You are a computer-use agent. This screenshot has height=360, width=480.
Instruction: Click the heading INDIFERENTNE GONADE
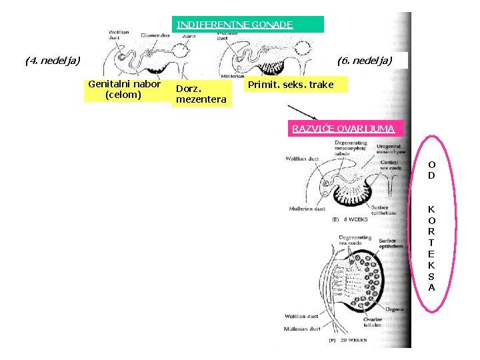click(x=235, y=25)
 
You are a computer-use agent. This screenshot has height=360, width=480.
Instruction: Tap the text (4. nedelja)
click(x=52, y=61)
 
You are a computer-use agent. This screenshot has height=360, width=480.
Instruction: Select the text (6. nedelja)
click(x=365, y=61)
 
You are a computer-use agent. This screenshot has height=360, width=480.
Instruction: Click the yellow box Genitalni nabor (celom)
click(x=124, y=89)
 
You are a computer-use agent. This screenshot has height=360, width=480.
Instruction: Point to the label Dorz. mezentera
click(x=201, y=95)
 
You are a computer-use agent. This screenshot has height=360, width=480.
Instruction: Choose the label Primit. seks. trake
click(x=290, y=85)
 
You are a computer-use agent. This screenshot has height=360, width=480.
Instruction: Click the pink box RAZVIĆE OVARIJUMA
click(x=342, y=129)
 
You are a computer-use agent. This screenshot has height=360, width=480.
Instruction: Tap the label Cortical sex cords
click(x=391, y=165)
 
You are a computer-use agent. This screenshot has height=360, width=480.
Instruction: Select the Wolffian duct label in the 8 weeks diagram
click(x=301, y=159)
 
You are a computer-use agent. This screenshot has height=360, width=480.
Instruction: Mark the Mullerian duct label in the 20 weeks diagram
click(x=301, y=329)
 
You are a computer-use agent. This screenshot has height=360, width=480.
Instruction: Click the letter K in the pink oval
click(x=431, y=209)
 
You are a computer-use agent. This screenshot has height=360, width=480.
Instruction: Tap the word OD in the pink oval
click(x=431, y=169)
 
